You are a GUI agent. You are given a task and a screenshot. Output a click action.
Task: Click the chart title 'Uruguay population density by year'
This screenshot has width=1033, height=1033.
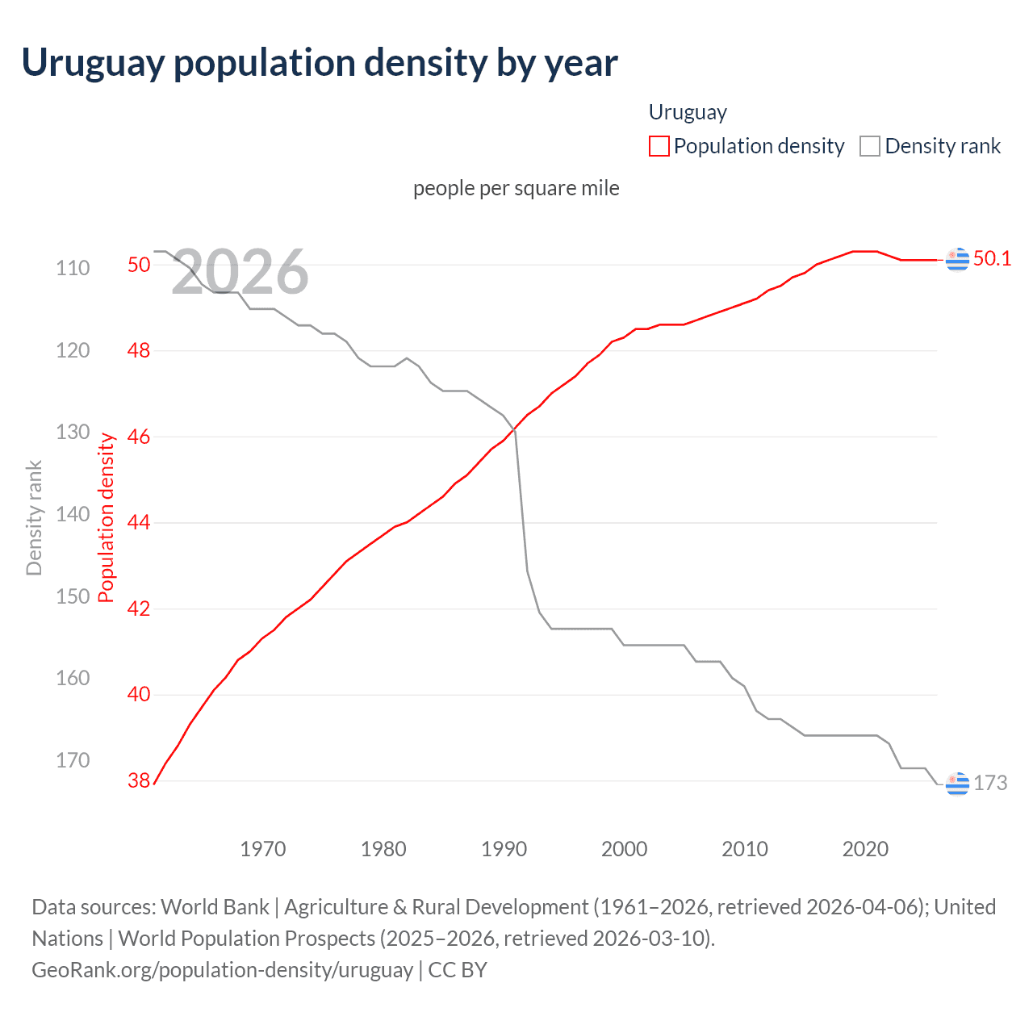pyautogui.click(x=320, y=63)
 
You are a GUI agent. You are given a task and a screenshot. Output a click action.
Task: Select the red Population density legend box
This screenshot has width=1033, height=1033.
pyautogui.click(x=659, y=146)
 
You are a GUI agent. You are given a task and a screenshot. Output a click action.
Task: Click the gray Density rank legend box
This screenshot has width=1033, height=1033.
pyautogui.click(x=869, y=146)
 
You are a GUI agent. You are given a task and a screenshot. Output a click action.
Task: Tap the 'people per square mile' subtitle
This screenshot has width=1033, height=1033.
pyautogui.click(x=516, y=188)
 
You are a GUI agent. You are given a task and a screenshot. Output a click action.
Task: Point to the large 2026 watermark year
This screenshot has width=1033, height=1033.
pyautogui.click(x=240, y=272)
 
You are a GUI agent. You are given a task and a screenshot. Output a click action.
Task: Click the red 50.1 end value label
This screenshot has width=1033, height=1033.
pyautogui.click(x=992, y=258)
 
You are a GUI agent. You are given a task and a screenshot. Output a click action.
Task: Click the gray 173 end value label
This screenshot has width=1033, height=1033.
pyautogui.click(x=990, y=783)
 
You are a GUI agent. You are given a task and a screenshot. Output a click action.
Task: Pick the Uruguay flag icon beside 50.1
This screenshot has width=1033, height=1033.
pyautogui.click(x=957, y=259)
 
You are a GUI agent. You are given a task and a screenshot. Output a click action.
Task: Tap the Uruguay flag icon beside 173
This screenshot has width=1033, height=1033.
pyautogui.click(x=957, y=783)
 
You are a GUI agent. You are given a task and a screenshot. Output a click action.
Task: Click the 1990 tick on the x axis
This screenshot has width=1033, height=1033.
pyautogui.click(x=504, y=849)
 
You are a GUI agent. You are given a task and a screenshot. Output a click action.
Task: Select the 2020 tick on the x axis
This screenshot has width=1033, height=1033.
pyautogui.click(x=865, y=849)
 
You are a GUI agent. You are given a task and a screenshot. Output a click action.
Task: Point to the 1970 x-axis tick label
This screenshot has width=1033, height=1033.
pyautogui.click(x=263, y=849)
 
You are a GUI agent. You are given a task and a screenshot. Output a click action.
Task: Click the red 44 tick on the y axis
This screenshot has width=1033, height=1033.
pyautogui.click(x=139, y=523)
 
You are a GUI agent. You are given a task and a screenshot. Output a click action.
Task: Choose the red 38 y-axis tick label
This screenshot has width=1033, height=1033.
pyautogui.click(x=139, y=780)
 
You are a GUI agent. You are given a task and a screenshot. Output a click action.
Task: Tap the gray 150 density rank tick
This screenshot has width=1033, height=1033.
pyautogui.click(x=73, y=596)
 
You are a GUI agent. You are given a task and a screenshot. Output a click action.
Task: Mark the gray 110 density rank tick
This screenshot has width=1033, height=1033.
pyautogui.click(x=73, y=268)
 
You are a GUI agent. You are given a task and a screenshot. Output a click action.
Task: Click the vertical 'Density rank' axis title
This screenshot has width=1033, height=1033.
pyautogui.click(x=34, y=518)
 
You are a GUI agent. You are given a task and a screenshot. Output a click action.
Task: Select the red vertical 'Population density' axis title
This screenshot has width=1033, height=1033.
pyautogui.click(x=107, y=518)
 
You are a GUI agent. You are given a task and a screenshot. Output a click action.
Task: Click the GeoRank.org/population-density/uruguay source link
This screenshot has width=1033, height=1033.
pyautogui.click(x=222, y=969)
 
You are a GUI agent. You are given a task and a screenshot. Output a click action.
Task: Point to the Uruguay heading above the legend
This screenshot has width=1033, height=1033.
pyautogui.click(x=688, y=112)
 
